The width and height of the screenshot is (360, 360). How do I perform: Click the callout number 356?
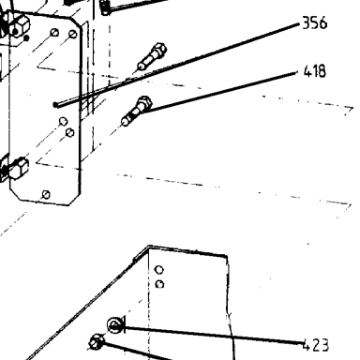click(315, 23)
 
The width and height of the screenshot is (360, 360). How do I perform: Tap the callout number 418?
click(315, 71)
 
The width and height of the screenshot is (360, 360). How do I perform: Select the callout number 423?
click(316, 345)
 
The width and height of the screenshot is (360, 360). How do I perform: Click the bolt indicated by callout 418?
click(136, 110)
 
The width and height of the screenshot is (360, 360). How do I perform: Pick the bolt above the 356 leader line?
click(152, 56)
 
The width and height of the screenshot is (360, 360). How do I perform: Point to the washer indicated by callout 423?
click(114, 325)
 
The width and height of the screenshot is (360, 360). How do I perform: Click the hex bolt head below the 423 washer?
click(97, 342)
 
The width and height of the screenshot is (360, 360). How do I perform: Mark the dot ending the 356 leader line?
click(55, 105)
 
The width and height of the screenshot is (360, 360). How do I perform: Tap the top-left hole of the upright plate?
click(54, 33)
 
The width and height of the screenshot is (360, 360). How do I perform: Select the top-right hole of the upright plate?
click(73, 34)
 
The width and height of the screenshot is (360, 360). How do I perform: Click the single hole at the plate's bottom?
click(46, 194)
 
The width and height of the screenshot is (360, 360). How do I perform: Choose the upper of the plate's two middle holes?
click(63, 121)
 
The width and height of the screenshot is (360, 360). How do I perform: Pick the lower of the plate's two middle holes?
click(70, 133)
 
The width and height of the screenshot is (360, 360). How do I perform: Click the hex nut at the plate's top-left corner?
click(20, 26)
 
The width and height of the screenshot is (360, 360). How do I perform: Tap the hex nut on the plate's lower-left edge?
click(19, 169)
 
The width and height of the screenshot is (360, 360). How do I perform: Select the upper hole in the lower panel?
click(159, 269)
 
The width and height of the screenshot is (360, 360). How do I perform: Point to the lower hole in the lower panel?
click(159, 284)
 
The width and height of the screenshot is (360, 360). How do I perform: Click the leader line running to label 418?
click(220, 92)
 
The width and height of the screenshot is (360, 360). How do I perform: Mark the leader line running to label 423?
click(213, 335)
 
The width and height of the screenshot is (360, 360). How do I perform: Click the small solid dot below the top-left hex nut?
click(26, 38)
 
